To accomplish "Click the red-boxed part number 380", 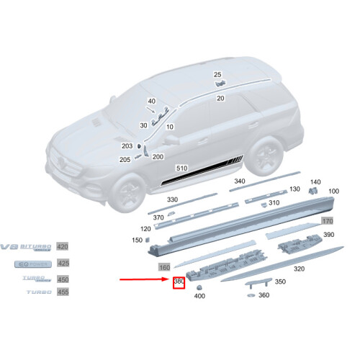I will click(x=179, y=283).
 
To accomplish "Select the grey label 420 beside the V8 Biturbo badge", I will click(x=63, y=247).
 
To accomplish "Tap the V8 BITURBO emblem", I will click(x=27, y=247).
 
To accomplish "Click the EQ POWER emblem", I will click(x=29, y=264).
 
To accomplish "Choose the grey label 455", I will click(x=63, y=293).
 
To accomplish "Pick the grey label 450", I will click(x=63, y=279).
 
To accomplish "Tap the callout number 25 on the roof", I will click(x=217, y=75).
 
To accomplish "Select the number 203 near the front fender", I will click(x=127, y=146).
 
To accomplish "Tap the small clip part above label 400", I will click(x=199, y=286).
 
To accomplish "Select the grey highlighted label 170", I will click(x=328, y=220).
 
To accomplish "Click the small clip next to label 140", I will click(x=313, y=190).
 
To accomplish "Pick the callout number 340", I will click(x=240, y=181).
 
